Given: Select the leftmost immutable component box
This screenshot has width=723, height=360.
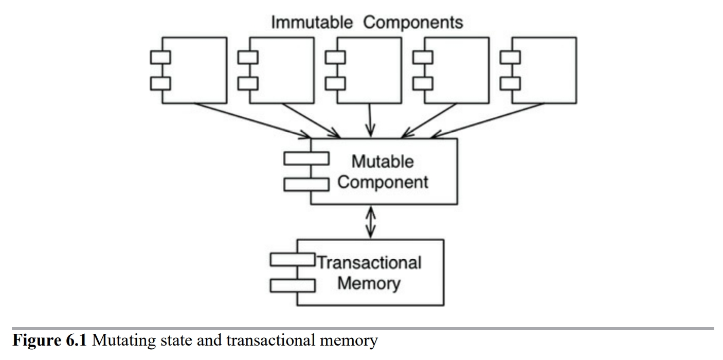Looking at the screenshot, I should tap(194, 70).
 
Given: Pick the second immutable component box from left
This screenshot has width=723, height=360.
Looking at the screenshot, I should tap(281, 70).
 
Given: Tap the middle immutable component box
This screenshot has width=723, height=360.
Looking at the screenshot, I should tap(369, 70).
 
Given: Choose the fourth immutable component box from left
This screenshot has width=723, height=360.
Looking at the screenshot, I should tap(456, 70).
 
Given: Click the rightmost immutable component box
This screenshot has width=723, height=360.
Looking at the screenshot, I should tap(544, 70).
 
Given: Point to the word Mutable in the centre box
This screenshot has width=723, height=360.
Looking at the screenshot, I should tap(382, 161).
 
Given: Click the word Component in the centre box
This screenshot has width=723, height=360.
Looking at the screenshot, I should tap(383, 182).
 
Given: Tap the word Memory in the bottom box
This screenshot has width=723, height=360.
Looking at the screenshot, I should tap(368, 283).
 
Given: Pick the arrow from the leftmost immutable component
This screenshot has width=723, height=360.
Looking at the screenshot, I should tap(252, 120).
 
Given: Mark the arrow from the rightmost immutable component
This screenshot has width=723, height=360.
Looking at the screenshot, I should tap(486, 120).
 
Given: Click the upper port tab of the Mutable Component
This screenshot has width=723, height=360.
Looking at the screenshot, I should tap(306, 158).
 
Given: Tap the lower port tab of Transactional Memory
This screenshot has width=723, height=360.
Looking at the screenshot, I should tap(293, 284).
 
